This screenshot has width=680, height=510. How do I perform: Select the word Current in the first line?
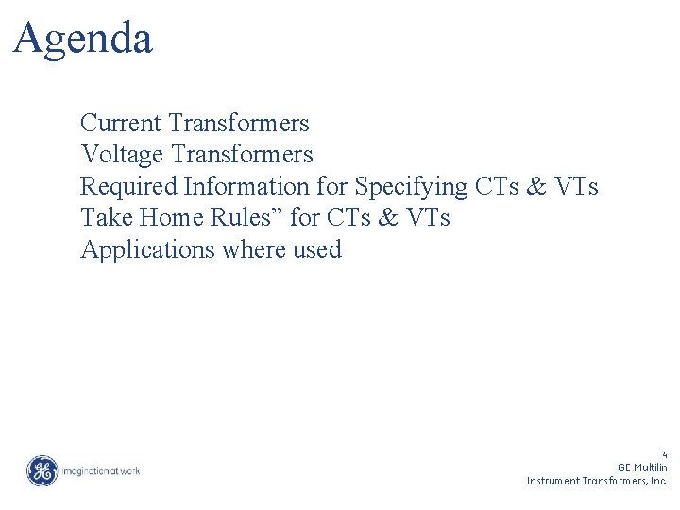click(122, 124)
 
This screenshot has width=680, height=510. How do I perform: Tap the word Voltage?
click(123, 155)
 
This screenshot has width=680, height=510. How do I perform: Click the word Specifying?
click(411, 187)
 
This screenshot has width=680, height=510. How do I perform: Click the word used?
click(318, 250)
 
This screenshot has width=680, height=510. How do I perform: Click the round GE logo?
click(42, 470)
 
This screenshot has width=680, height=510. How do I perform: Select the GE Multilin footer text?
click(642, 467)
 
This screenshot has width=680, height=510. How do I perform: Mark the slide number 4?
click(665, 454)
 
